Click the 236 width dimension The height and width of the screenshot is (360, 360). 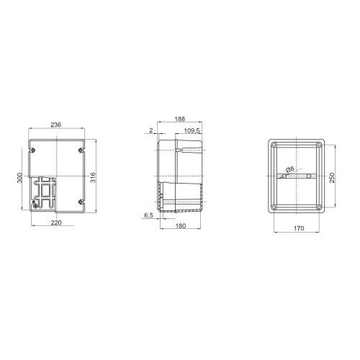pos(56,125)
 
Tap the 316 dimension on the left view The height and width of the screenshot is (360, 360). pos(93,176)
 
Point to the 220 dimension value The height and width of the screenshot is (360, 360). pos(56,222)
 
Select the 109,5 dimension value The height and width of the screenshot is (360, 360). pos(191,131)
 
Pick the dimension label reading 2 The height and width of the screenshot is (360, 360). pos(151,131)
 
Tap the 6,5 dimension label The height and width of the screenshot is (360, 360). pos(148,215)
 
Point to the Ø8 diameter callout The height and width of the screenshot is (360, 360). pos(289,169)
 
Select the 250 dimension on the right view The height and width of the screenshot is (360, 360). pos(332,177)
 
